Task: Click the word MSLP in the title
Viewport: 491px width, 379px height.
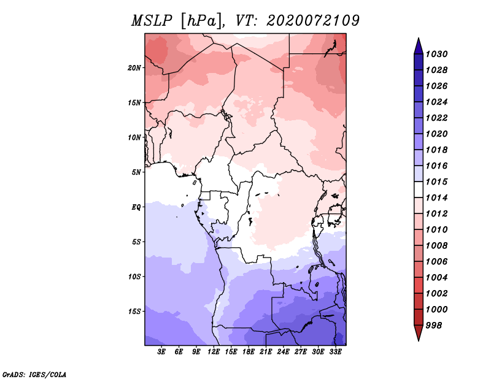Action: coord(152,21)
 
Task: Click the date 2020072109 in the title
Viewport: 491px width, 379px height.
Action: coord(313,21)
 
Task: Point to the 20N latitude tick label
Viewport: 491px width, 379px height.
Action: coord(134,68)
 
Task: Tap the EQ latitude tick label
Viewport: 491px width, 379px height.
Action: coord(136,207)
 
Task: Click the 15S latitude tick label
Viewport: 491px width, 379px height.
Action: coord(134,312)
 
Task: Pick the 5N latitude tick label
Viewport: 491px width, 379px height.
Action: coord(136,172)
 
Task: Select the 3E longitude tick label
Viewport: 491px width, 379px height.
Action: coord(161,351)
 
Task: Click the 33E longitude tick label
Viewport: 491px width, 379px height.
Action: coord(335,351)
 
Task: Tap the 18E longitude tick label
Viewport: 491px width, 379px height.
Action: coord(249,351)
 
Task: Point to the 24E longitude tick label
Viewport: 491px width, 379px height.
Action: coord(283,351)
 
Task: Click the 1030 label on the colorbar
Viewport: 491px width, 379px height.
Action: coord(436,54)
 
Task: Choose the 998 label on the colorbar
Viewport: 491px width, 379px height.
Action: coord(434,326)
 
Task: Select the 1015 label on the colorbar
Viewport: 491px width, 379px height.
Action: coord(436,182)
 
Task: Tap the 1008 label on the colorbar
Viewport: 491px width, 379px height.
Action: coord(436,246)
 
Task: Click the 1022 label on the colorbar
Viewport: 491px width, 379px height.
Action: coord(436,118)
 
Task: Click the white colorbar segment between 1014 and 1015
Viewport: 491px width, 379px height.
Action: coord(419,189)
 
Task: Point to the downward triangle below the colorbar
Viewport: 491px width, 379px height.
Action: coord(419,332)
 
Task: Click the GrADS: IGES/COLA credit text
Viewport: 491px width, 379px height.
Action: coord(34,374)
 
